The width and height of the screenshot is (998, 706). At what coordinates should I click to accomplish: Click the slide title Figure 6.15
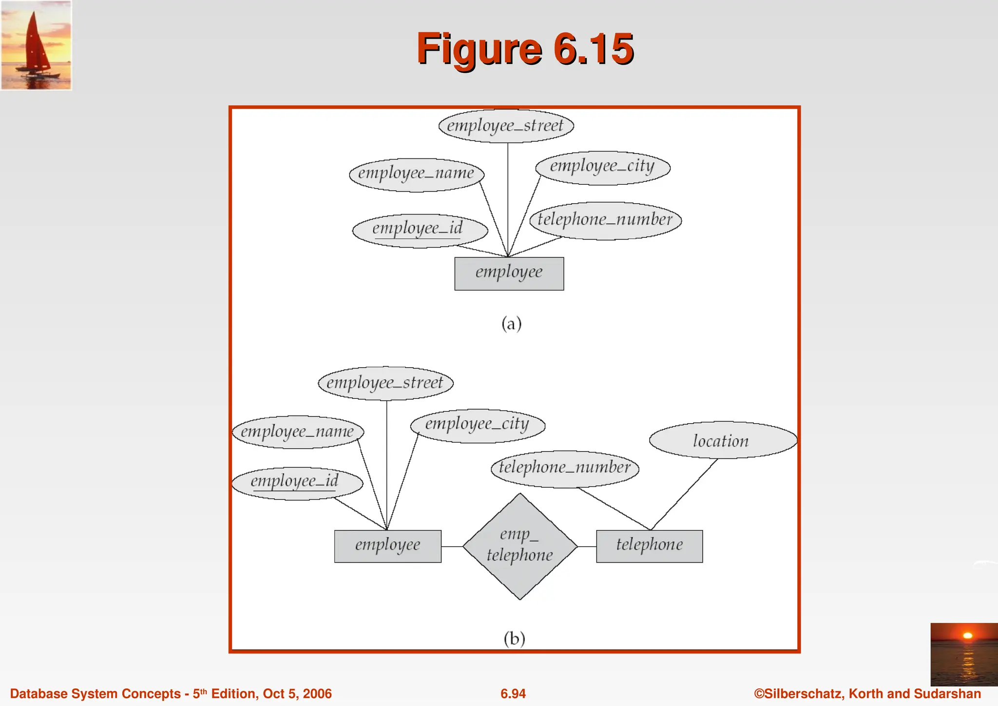[x=525, y=49]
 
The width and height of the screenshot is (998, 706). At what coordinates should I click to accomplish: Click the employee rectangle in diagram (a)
[x=509, y=274]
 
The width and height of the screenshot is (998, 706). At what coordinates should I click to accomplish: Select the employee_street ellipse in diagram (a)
[x=506, y=126]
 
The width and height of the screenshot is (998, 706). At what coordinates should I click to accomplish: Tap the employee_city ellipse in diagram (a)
[x=602, y=167]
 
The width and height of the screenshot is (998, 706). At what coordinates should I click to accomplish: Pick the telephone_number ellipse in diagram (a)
[x=605, y=220]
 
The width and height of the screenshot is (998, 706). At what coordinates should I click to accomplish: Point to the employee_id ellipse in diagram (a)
[x=419, y=230]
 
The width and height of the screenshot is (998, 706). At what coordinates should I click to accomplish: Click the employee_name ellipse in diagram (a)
[x=416, y=174]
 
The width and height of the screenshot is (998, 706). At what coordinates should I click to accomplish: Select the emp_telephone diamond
[x=519, y=546]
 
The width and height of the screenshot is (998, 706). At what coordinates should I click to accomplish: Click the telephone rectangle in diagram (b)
[x=649, y=546]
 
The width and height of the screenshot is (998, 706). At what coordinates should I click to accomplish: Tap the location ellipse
[x=722, y=440]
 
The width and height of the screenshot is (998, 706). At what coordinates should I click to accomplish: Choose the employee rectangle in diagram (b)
[x=387, y=546]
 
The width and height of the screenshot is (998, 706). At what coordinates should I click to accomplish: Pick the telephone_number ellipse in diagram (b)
[x=564, y=469]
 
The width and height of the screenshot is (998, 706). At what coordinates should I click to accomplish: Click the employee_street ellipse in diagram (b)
[x=385, y=383]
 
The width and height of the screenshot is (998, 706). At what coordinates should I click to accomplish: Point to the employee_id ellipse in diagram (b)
[x=296, y=483]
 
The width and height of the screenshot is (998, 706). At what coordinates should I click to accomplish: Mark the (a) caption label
[x=511, y=324]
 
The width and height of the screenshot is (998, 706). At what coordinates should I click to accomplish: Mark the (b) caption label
[x=514, y=638]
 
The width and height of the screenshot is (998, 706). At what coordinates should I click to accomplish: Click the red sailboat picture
[x=36, y=45]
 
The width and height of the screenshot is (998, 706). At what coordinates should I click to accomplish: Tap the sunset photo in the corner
[x=963, y=654]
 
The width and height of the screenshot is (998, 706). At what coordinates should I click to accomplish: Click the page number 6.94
[x=513, y=694]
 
